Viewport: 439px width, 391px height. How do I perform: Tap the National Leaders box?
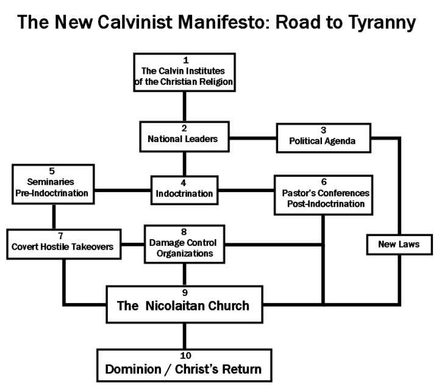pyautogui.click(x=184, y=135)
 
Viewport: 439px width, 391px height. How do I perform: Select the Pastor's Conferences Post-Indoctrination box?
pyautogui.click(x=323, y=194)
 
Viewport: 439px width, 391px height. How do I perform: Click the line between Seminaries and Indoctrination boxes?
pyautogui.click(x=122, y=190)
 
